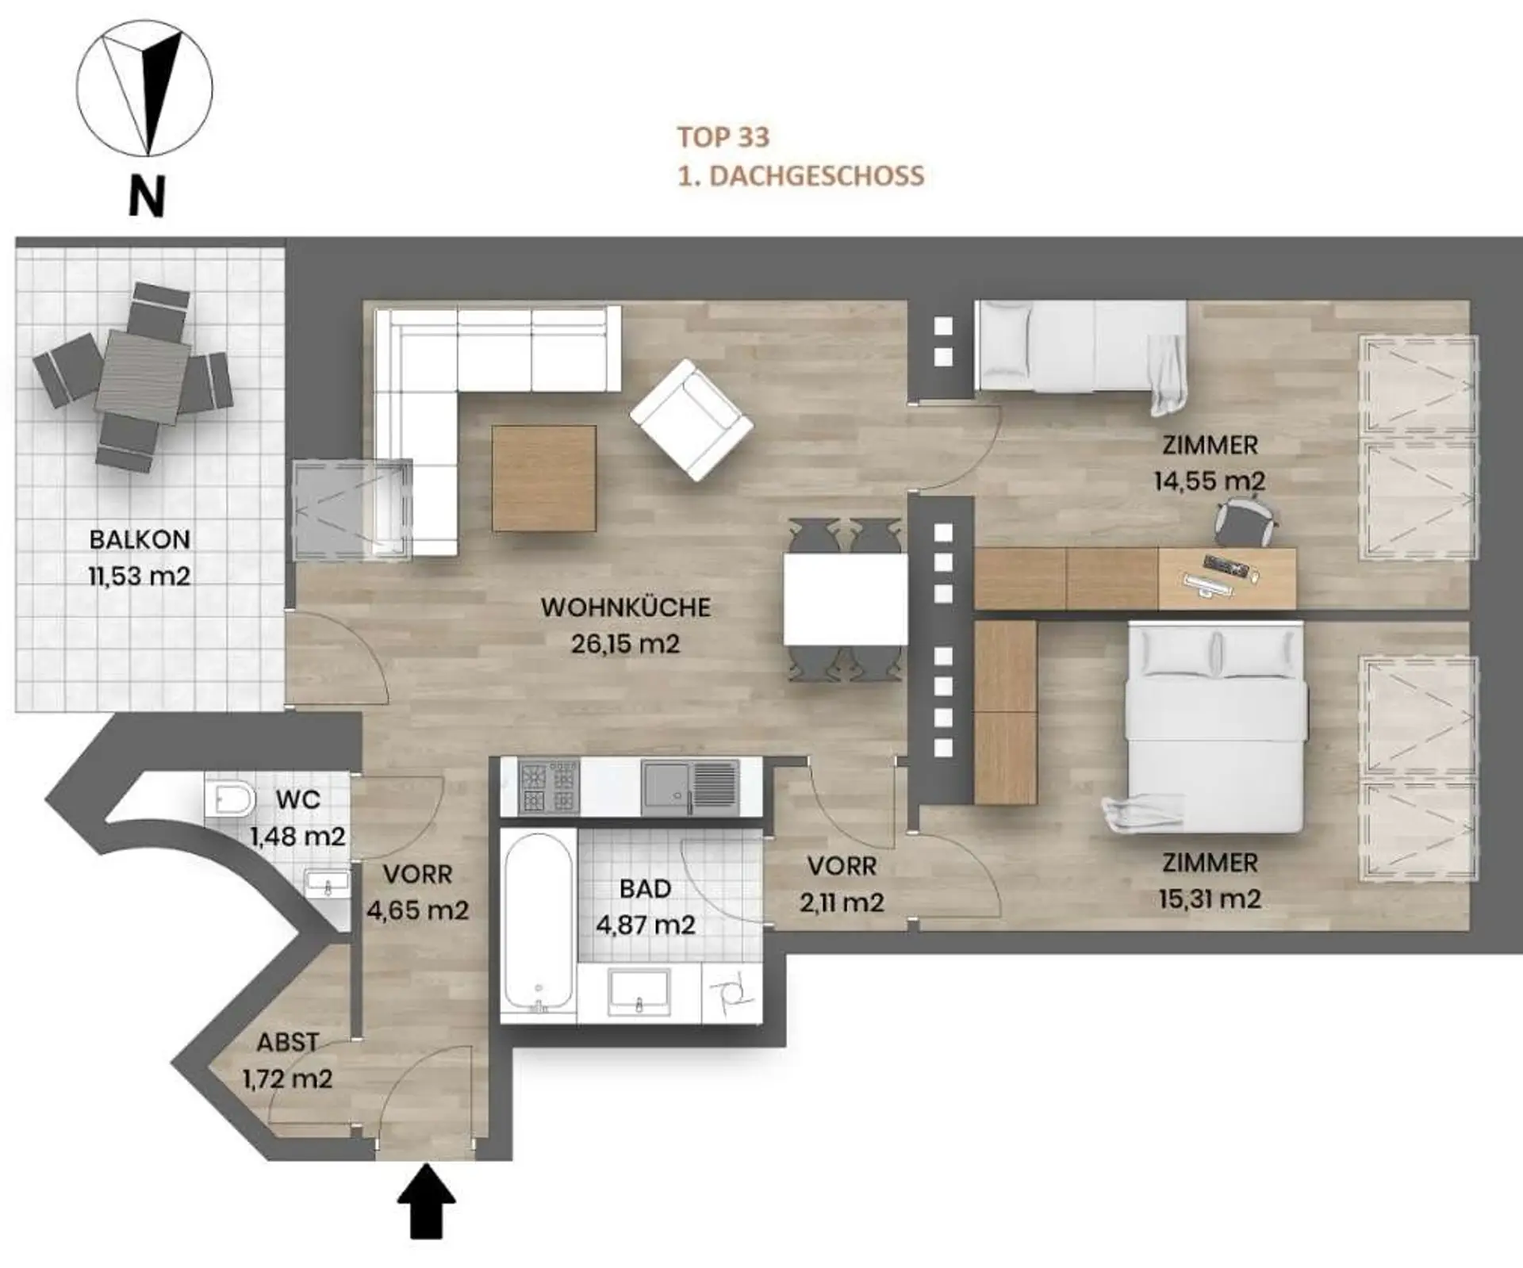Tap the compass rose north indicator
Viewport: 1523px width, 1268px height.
[x=144, y=88]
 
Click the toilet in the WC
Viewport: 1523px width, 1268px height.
[x=229, y=799]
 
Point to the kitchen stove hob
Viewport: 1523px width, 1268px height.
[x=549, y=787]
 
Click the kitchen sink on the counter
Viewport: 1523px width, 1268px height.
[x=691, y=787]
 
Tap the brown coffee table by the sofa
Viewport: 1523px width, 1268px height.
[x=544, y=478]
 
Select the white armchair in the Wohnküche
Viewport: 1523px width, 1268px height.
[x=691, y=419]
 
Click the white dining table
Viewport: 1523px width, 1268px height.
[x=846, y=600]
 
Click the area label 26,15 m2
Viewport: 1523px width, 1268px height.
[x=625, y=644]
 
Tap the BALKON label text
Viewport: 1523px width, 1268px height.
[x=140, y=539]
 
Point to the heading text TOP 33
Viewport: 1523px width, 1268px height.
[x=723, y=137]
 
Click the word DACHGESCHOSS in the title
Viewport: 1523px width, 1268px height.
[x=816, y=176]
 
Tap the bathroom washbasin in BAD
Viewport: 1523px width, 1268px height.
[x=639, y=990]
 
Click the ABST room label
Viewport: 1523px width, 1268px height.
[x=287, y=1042]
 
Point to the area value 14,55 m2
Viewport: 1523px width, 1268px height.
[x=1209, y=481]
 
